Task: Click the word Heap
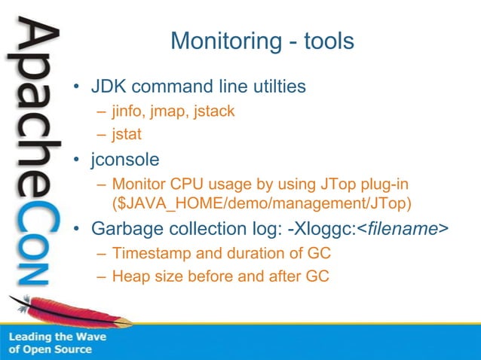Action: [129, 276]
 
